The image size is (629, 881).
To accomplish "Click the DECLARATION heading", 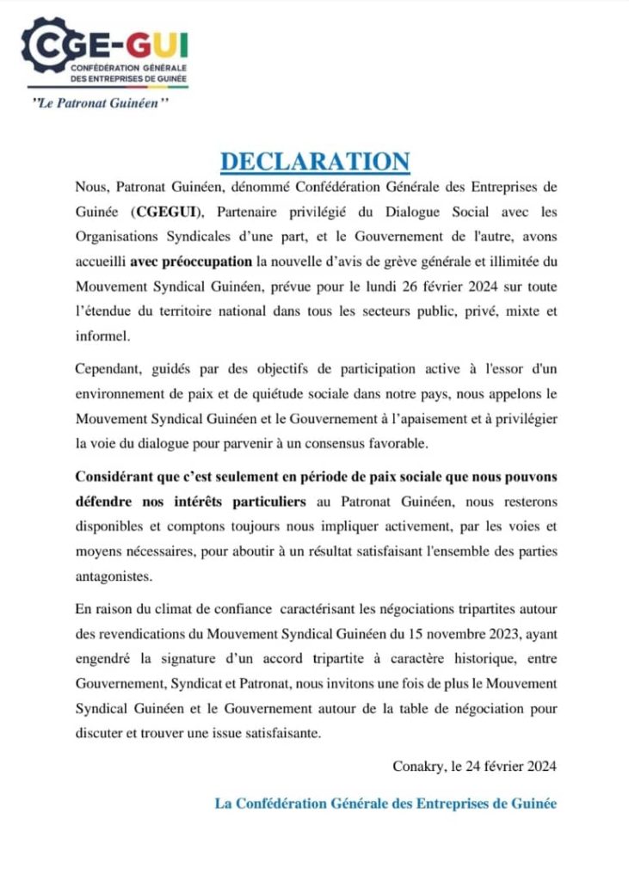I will [x=315, y=161].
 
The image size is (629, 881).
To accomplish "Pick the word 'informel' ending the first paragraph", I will [x=101, y=332].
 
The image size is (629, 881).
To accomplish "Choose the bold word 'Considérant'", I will [x=116, y=477].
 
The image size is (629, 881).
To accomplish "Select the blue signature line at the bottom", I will [x=385, y=804].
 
